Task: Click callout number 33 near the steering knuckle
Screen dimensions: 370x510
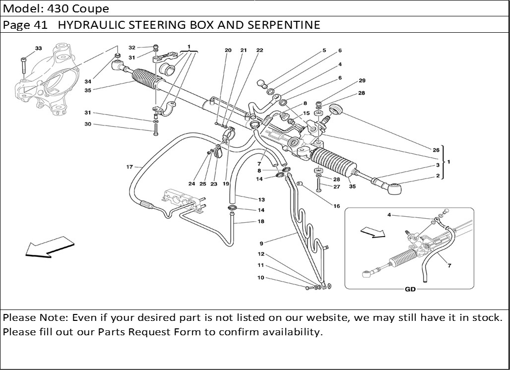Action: (x=38, y=48)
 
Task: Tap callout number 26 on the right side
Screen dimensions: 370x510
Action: (x=436, y=150)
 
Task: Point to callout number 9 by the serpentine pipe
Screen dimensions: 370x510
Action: (x=261, y=243)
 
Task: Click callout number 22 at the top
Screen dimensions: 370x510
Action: (x=259, y=50)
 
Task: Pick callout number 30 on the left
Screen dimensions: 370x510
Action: (x=88, y=124)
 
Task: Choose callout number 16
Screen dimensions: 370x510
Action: (x=337, y=205)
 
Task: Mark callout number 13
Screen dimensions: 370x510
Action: (x=261, y=199)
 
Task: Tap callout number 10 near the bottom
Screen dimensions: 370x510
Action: (x=260, y=278)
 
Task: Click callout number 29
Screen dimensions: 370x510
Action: (x=362, y=80)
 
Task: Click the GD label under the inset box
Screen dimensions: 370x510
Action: (x=410, y=289)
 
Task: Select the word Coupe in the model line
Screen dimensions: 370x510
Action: (x=93, y=8)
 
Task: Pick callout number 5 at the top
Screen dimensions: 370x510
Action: (x=324, y=50)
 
